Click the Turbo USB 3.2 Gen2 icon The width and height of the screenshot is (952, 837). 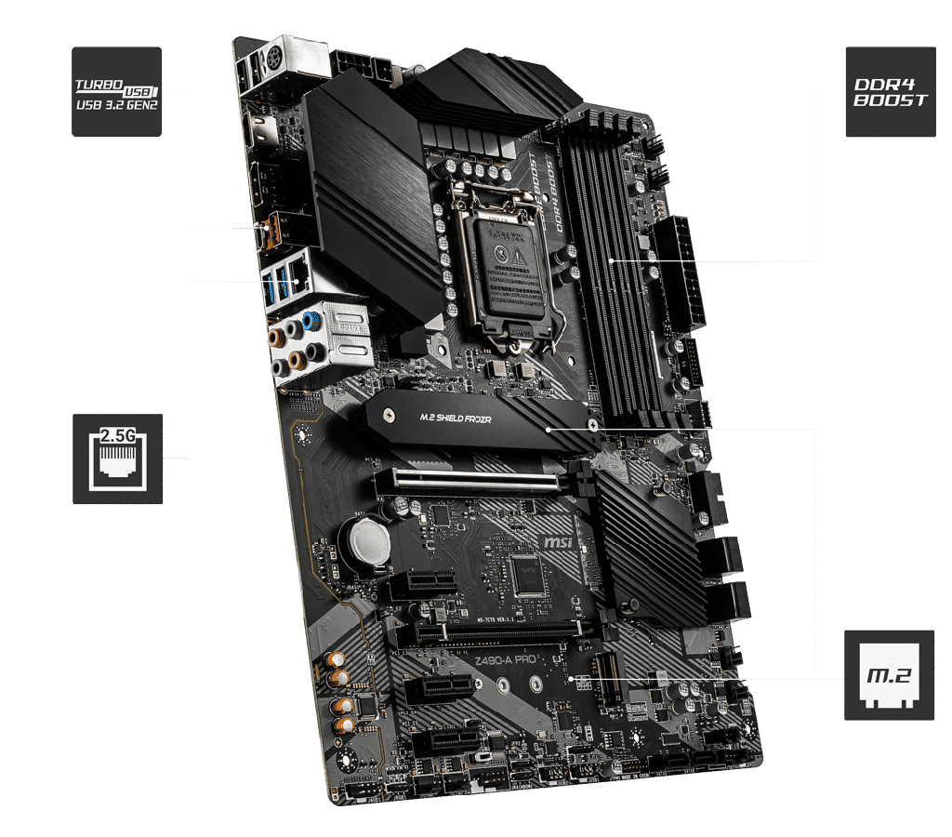[x=117, y=92]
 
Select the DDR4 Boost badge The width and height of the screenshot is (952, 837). [x=890, y=92]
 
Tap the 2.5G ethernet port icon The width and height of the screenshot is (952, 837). [x=117, y=459]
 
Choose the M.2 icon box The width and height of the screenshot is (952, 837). [x=890, y=674]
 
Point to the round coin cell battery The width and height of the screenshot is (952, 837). [x=365, y=541]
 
